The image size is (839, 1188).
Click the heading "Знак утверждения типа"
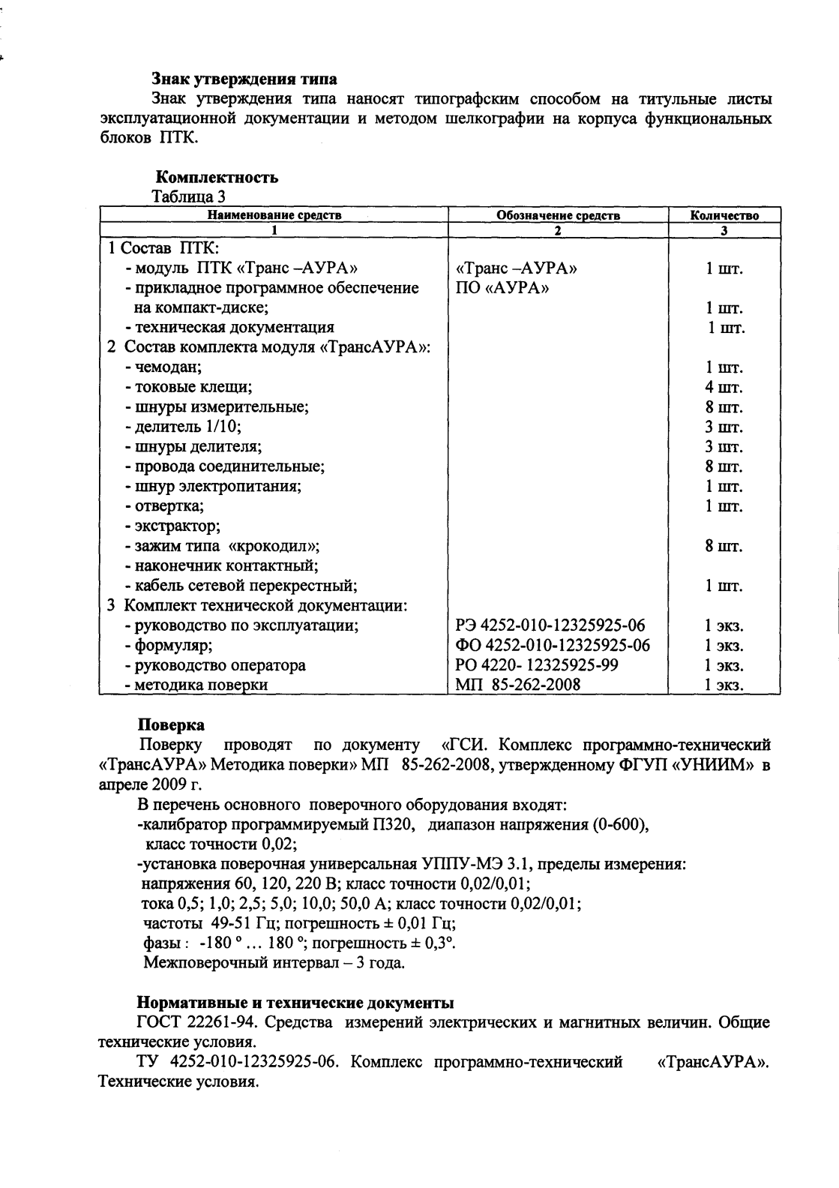coord(244,79)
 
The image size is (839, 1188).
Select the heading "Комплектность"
coord(217,178)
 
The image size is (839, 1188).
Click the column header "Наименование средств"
coord(274,215)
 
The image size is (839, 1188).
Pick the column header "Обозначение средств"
coord(558,215)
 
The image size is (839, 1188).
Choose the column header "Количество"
coord(724,215)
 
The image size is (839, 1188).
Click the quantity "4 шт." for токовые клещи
coord(724,388)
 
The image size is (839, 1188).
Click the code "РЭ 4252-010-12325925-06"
coord(550,625)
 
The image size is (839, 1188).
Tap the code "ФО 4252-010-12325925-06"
coord(553,645)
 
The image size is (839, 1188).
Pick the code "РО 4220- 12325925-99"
coord(537,665)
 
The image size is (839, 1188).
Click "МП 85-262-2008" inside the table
coord(517,684)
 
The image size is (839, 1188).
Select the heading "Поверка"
coord(171,725)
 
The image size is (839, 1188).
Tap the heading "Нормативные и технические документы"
coord(296,1003)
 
